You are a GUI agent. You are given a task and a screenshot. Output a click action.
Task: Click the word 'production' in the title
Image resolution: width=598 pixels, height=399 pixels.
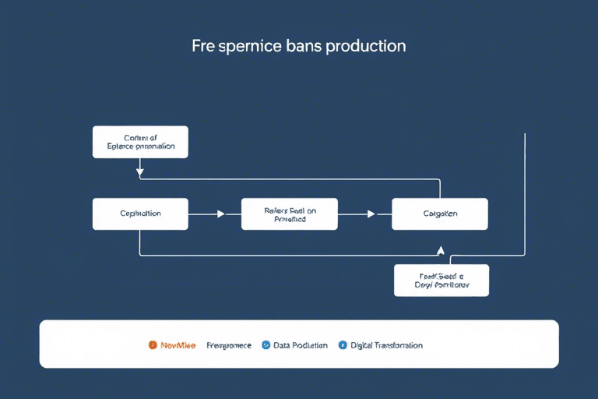click(366, 46)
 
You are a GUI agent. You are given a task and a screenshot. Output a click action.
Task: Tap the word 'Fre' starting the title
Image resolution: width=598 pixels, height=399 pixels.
click(204, 46)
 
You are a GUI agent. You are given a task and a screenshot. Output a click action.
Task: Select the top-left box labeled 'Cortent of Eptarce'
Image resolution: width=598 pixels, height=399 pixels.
click(140, 142)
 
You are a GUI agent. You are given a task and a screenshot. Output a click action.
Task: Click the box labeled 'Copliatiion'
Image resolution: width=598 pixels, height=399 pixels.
click(140, 214)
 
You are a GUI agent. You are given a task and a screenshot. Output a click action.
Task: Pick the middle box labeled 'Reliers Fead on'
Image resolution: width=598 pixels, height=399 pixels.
click(290, 214)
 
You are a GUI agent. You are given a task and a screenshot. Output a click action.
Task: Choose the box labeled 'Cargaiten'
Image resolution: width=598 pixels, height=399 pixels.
click(440, 214)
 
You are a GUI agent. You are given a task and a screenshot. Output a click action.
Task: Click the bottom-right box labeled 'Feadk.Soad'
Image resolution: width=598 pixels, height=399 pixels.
click(441, 280)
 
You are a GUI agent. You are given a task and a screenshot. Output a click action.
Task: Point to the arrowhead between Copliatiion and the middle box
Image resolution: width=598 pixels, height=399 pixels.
click(220, 214)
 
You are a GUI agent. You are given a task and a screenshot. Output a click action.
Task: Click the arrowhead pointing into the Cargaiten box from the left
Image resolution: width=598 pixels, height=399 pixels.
click(371, 214)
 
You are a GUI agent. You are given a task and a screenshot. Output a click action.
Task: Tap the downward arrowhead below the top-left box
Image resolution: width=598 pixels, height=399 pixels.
click(140, 171)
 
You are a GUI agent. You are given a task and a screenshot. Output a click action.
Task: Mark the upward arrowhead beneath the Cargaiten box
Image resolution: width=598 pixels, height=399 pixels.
click(441, 251)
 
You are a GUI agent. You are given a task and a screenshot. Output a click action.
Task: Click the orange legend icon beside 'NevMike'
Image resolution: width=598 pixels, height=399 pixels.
click(153, 344)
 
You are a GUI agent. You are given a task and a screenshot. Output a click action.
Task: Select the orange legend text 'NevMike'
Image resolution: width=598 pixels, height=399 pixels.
click(178, 344)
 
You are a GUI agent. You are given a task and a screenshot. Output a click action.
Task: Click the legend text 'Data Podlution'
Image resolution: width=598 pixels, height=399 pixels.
click(301, 344)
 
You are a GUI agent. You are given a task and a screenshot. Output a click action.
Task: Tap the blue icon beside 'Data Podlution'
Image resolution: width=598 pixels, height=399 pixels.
click(266, 344)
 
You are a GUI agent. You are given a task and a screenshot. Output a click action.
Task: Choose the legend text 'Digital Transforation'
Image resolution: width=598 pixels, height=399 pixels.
click(386, 344)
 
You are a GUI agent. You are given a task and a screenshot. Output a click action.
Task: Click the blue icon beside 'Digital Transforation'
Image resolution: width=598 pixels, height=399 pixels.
click(343, 344)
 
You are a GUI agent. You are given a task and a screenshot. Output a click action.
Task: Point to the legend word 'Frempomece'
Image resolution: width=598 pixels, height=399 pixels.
click(229, 344)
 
